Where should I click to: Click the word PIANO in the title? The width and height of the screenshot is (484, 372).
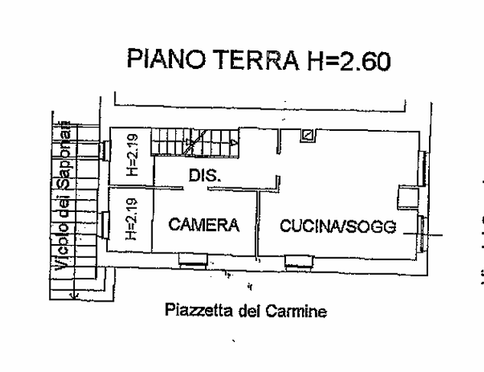[167, 59]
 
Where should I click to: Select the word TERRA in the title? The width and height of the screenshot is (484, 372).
[256, 60]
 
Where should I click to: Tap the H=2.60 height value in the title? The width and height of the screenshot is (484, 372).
[349, 60]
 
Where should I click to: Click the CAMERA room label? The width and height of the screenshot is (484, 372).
[203, 224]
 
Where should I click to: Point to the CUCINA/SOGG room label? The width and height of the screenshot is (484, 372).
[338, 226]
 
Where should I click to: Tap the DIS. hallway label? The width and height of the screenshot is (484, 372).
[205, 175]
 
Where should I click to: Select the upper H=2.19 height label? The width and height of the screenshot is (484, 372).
[132, 155]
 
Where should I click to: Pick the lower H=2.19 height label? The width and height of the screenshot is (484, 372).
[132, 219]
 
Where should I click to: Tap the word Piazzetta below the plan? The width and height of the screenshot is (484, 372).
[199, 310]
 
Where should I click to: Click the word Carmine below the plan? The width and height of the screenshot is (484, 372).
[297, 311]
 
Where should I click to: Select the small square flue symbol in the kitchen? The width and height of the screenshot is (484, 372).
[307, 135]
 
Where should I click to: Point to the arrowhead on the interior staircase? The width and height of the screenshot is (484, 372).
[234, 142]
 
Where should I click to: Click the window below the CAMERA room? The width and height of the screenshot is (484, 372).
[193, 260]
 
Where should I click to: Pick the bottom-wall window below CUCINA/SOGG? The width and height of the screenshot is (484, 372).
[298, 262]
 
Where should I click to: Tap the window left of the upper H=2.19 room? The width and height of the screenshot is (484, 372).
[105, 151]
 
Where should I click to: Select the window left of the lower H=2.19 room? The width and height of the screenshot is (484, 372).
[104, 225]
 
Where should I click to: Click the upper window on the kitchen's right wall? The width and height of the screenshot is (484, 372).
[422, 168]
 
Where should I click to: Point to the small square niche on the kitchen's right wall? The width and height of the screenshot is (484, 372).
[408, 197]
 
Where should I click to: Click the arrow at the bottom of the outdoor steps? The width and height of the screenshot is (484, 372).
[74, 295]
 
